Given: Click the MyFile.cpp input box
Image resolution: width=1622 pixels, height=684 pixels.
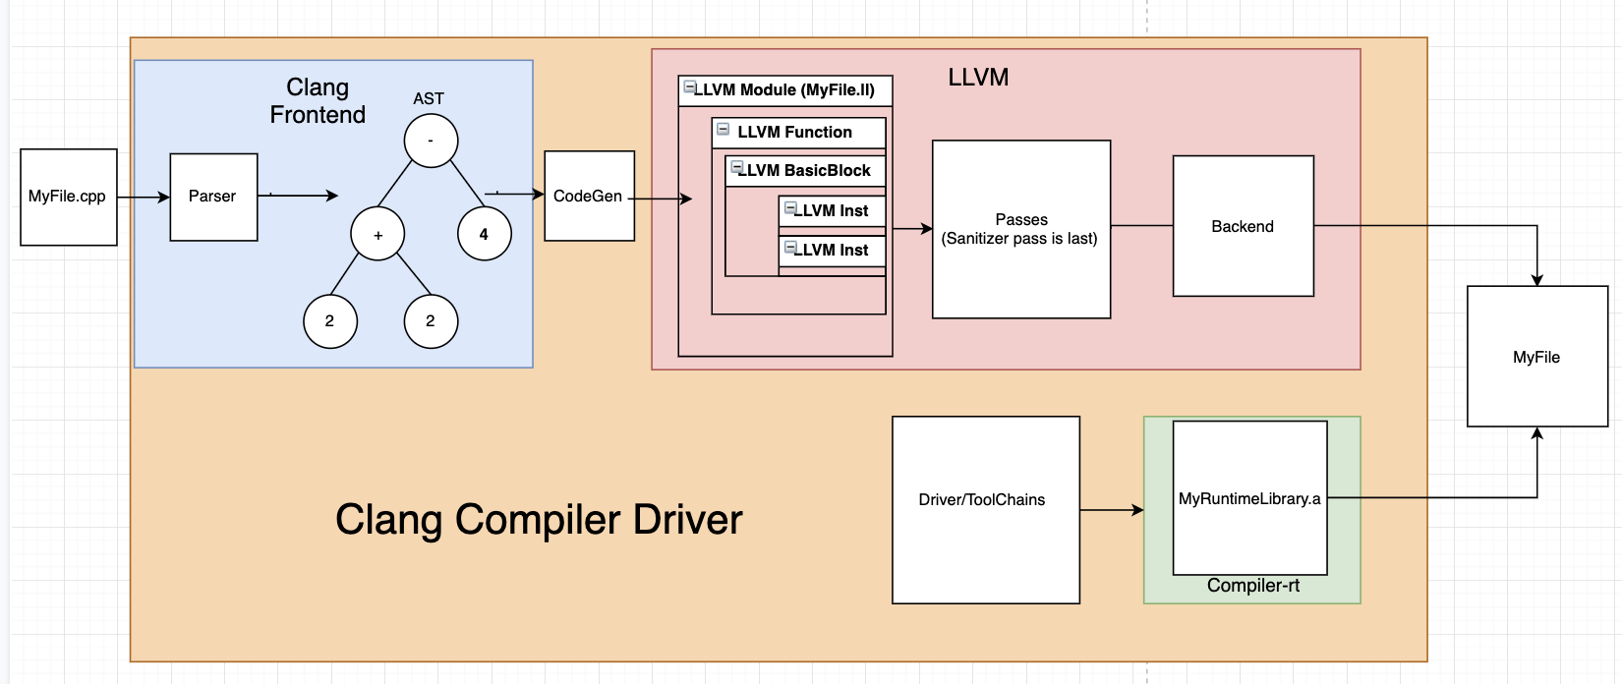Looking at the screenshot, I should [68, 197].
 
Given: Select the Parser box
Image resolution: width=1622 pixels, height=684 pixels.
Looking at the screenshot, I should [213, 197].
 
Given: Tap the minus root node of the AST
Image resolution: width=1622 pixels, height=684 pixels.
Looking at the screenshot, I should [431, 141].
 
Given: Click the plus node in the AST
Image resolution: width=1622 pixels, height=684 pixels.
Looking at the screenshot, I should [377, 234].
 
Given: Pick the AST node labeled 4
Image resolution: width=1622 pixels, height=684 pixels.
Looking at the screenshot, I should [484, 234].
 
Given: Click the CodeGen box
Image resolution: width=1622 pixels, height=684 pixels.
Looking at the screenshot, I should [589, 197].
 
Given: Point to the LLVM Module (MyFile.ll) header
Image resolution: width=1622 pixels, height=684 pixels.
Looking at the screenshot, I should [784, 90].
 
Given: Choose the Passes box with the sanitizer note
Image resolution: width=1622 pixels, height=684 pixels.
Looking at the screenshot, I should [1020, 229].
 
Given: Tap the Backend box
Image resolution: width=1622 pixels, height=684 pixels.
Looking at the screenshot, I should [1243, 226].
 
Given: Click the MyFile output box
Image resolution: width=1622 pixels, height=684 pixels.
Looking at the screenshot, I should [1536, 357].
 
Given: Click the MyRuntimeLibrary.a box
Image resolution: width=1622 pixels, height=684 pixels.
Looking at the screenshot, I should [1249, 498].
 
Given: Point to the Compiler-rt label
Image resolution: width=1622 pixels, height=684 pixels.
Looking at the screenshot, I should [1252, 586].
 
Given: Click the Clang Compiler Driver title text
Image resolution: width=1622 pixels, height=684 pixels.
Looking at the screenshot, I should [539, 520].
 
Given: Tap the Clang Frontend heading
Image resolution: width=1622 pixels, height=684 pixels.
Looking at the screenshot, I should [318, 101].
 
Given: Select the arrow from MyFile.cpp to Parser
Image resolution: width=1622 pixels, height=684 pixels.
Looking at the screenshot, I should [144, 198].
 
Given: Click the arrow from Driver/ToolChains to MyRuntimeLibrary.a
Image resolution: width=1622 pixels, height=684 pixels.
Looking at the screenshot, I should [1112, 510].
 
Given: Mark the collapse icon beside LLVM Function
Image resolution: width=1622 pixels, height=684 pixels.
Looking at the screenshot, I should [724, 130].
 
